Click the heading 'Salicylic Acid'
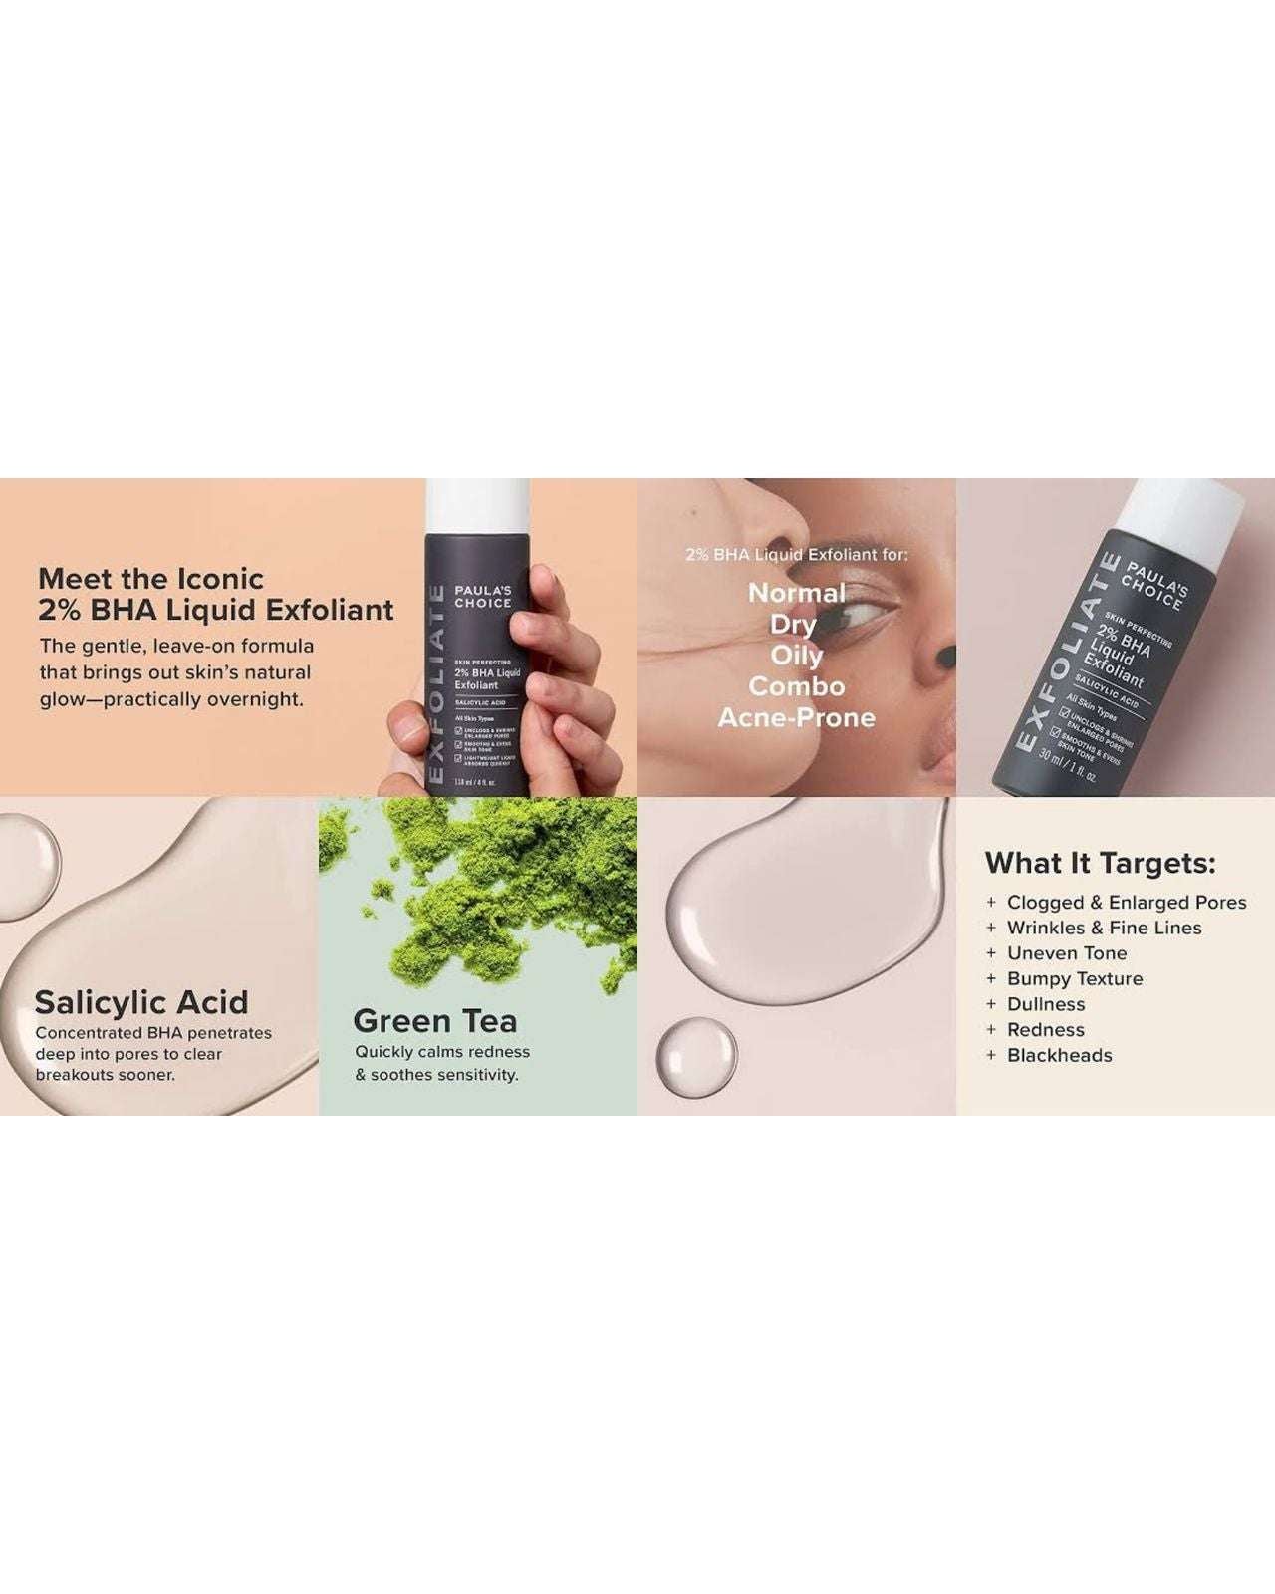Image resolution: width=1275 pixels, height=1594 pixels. (x=141, y=1002)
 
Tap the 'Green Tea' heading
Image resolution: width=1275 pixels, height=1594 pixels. (x=435, y=1021)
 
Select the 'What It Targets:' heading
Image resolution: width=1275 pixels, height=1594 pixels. (x=1100, y=863)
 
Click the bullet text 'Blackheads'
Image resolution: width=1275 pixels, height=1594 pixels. (x=1059, y=1055)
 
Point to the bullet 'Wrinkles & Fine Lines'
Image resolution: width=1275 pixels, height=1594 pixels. (x=1104, y=928)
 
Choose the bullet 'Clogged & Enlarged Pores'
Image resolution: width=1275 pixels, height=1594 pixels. (x=1126, y=902)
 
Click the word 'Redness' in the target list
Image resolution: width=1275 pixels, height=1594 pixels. (x=1045, y=1029)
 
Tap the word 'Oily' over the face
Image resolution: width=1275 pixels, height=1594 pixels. (x=796, y=656)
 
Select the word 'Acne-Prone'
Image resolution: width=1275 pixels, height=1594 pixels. (x=796, y=717)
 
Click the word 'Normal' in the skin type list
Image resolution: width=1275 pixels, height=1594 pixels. (x=796, y=593)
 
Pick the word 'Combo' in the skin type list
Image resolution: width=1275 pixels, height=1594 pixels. (x=796, y=686)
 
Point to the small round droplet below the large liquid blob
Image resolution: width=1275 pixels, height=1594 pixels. (x=698, y=1057)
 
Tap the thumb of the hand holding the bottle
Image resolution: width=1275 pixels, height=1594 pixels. (x=404, y=727)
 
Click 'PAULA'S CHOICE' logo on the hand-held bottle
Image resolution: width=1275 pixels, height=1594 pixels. (x=483, y=597)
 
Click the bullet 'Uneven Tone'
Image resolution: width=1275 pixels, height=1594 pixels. (x=1066, y=953)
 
